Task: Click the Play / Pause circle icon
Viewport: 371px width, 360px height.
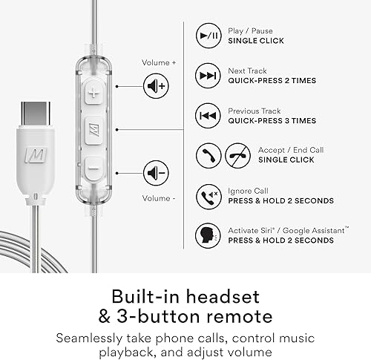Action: pos(207,35)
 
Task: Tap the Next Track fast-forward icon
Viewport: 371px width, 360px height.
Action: pos(207,75)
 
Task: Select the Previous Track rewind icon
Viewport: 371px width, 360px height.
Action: pos(207,115)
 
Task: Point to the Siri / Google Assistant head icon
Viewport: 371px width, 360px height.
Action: pos(207,235)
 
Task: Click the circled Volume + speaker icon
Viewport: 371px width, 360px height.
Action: pos(156,87)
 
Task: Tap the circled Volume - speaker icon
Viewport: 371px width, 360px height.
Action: pos(156,172)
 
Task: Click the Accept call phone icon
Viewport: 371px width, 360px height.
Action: pos(207,155)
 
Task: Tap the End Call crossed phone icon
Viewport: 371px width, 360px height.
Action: pos(238,155)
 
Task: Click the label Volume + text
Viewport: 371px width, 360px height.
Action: pos(159,63)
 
